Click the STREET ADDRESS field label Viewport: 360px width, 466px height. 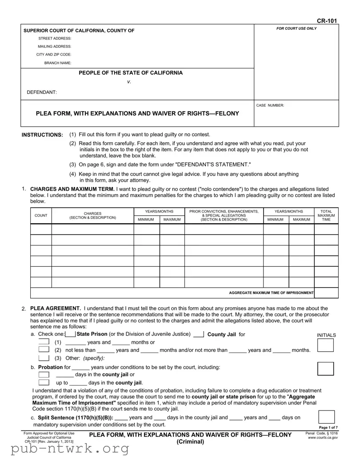pos(55,39)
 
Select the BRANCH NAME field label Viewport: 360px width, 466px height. pos(58,63)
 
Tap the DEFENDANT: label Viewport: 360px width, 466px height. pos(42,92)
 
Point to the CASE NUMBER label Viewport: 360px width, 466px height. pos(270,105)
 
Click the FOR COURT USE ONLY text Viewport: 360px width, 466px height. pos(296,28)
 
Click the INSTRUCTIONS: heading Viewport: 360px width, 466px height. pos(42,135)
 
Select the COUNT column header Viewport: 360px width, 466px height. pos(41,216)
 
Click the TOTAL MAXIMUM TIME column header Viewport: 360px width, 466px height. pos(326,215)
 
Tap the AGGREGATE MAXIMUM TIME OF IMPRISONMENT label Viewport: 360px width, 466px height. pos(271,293)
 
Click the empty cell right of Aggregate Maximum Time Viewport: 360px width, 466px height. pos(326,293)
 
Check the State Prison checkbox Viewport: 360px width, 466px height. pos(70,335)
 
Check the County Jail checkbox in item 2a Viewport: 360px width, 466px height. pos(199,335)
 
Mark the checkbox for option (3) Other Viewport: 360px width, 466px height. pos(44,358)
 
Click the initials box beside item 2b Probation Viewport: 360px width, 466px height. pos(326,369)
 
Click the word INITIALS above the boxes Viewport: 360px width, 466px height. pos(326,335)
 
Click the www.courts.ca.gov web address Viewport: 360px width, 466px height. pos(323,438)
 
